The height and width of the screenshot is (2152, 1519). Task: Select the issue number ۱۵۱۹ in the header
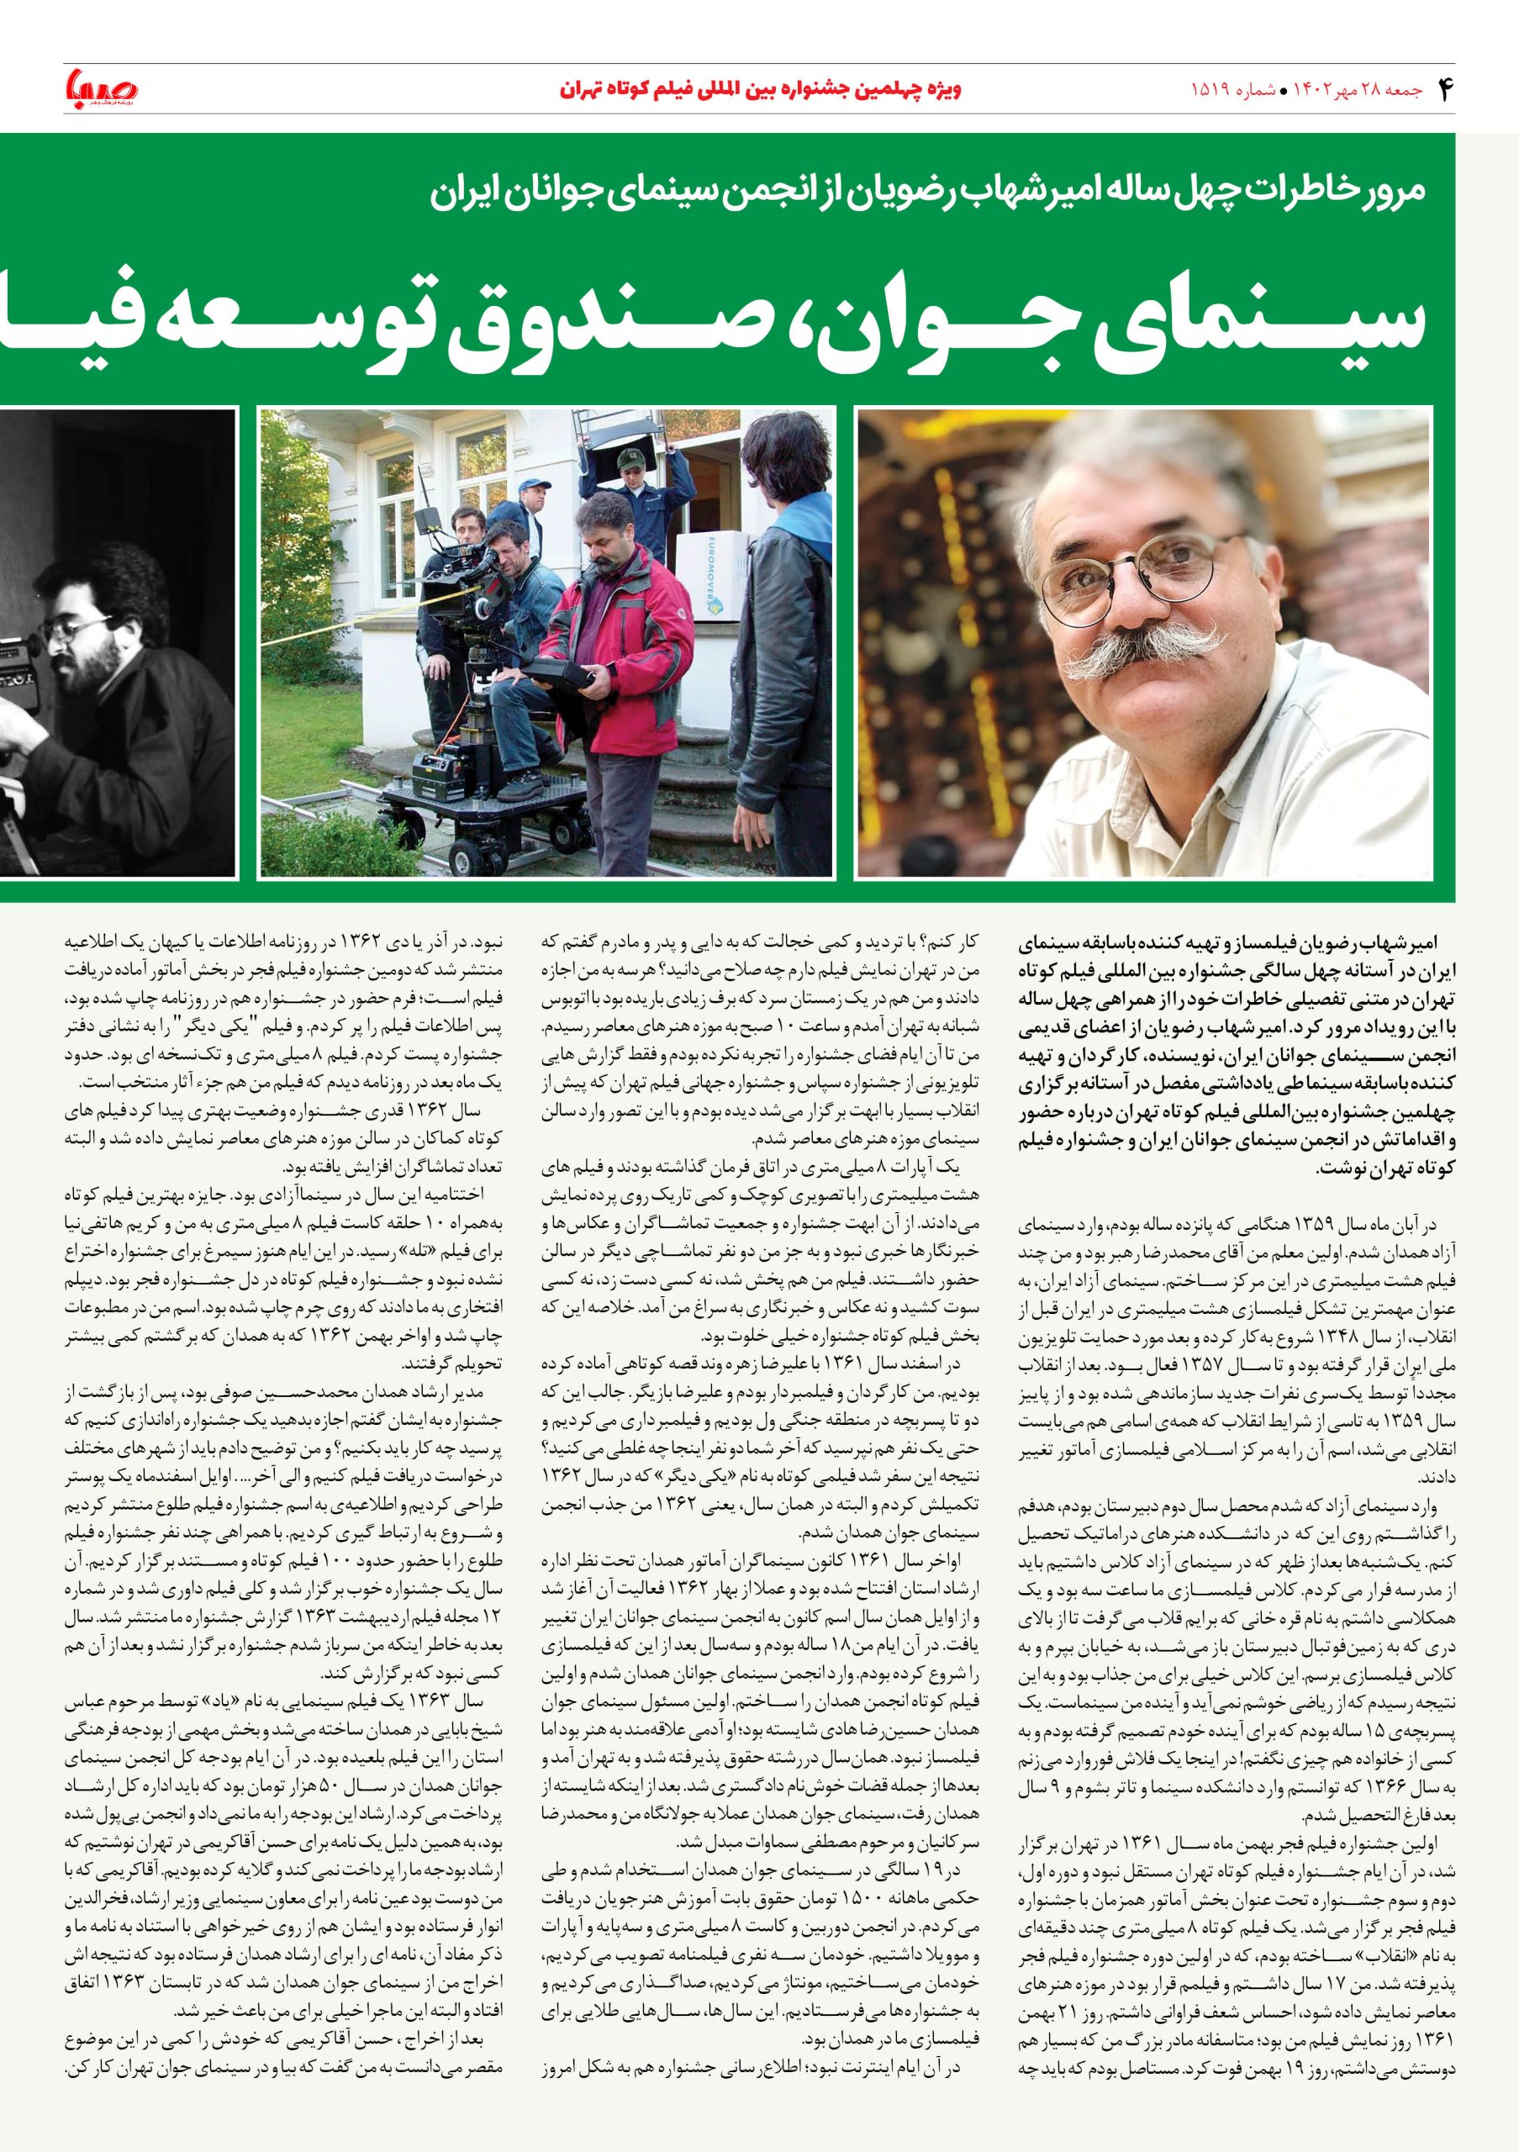coord(1208,92)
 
